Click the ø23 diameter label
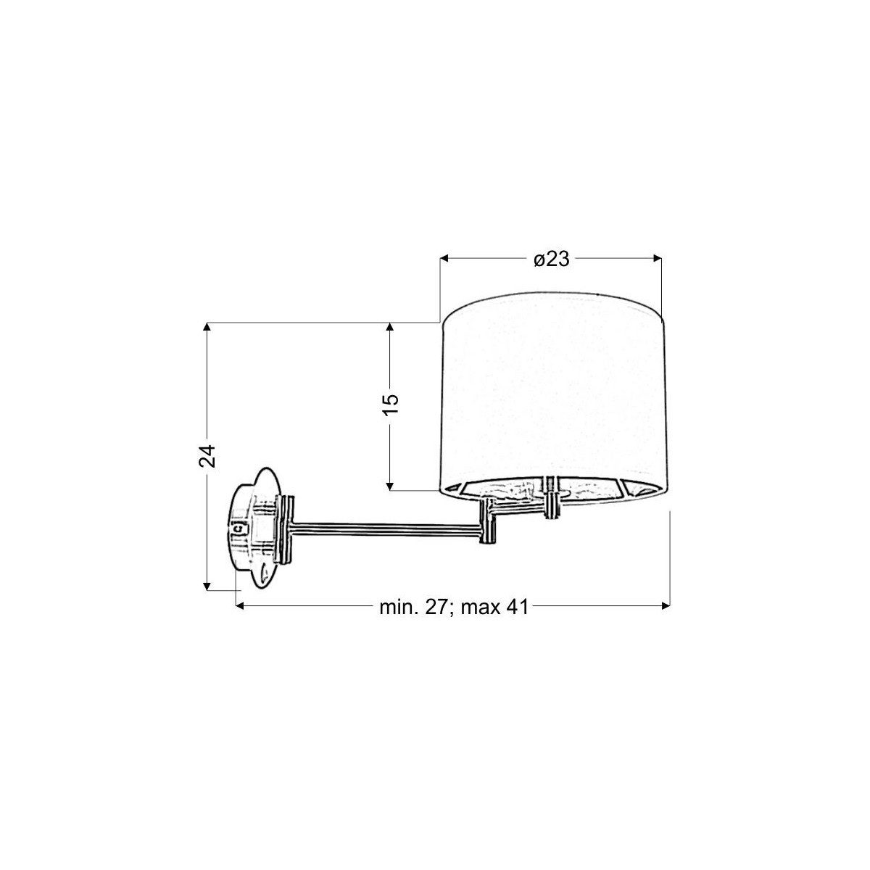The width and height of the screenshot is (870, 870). [x=551, y=259]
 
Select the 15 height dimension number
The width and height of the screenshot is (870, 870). [x=391, y=405]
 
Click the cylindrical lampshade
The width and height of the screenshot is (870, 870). [x=553, y=399]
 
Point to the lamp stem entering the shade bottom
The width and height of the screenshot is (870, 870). [x=553, y=497]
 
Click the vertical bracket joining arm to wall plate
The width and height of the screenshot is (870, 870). [x=286, y=529]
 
